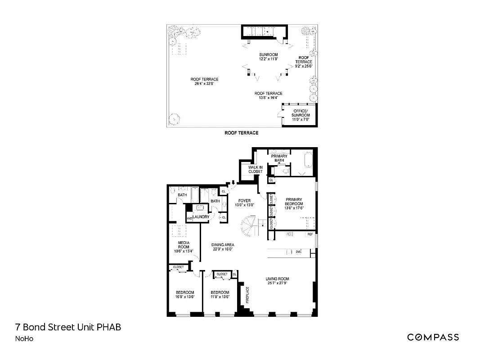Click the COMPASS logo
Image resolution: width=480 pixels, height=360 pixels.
tap(433, 337)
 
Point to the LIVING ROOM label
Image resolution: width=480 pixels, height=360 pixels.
tap(277, 279)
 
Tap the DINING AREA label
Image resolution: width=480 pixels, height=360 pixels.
tap(223, 245)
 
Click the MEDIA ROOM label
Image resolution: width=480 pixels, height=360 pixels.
tap(183, 244)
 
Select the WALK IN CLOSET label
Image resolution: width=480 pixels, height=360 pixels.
tap(255, 169)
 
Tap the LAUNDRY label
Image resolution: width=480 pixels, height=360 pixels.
tap(202, 216)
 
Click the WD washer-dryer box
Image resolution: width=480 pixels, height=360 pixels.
tap(189, 219)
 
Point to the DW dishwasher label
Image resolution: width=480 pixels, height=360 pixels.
tap(298, 252)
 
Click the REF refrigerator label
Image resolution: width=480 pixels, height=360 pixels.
tap(310, 234)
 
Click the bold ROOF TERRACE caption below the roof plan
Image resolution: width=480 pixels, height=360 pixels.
tap(242, 133)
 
